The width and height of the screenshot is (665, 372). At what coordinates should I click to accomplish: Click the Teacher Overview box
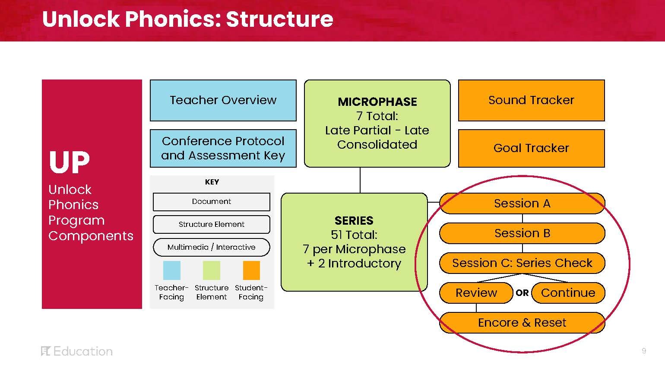223,100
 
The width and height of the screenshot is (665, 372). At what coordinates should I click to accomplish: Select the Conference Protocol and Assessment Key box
223,148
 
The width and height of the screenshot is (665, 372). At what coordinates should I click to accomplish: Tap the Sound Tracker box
531,100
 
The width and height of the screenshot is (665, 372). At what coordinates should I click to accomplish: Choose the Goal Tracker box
531,148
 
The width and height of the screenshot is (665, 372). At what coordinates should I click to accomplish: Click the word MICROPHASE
377,102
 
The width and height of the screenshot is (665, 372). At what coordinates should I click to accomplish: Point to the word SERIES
354,221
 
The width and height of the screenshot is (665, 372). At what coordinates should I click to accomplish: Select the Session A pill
522,203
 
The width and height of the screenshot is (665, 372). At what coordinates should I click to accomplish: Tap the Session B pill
522,233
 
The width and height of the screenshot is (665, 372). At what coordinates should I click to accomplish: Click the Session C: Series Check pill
522,263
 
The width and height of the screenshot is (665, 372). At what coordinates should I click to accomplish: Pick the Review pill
476,293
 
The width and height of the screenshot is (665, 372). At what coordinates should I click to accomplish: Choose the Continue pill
568,293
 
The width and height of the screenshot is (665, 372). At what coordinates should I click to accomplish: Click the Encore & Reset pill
522,323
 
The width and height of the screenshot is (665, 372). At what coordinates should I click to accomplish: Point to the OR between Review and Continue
522,293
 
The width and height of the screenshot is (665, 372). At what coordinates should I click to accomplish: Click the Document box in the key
212,201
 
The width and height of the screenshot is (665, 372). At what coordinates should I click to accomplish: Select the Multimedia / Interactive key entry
212,247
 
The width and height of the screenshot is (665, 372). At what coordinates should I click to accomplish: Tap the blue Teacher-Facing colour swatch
172,270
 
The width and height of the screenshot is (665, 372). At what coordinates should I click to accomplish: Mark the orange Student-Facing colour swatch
251,270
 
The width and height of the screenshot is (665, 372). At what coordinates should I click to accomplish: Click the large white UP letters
69,163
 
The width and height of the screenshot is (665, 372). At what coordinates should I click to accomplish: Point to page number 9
644,351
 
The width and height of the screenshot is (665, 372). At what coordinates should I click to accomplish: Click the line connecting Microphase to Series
360,180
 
